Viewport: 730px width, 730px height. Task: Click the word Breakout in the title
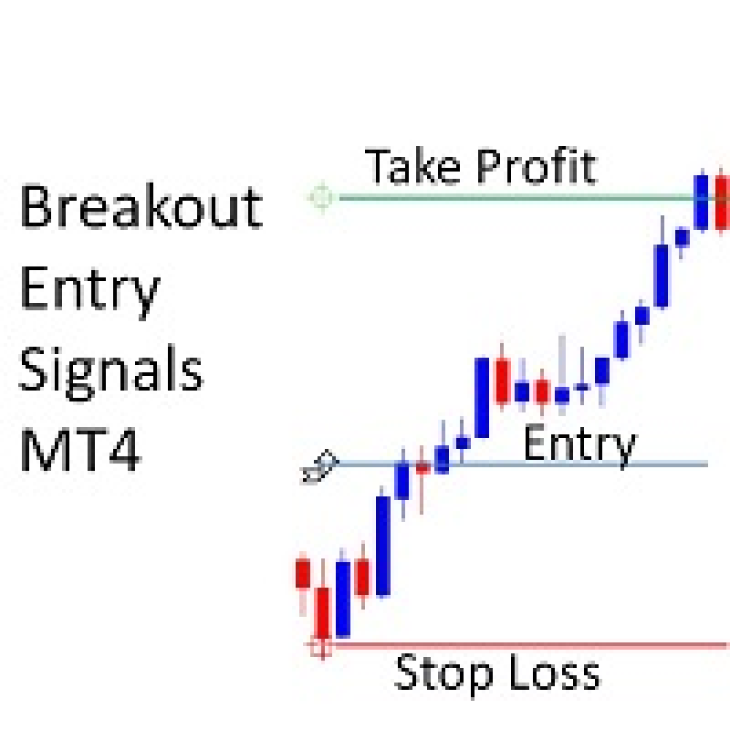click(142, 206)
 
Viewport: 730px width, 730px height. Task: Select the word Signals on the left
click(111, 373)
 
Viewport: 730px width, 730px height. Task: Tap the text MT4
click(80, 450)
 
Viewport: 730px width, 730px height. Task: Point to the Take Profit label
click(481, 167)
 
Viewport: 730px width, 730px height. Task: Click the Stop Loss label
click(497, 674)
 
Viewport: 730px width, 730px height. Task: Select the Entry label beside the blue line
click(580, 446)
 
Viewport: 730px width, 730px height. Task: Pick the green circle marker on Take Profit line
click(322, 198)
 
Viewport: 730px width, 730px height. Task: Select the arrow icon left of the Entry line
click(320, 467)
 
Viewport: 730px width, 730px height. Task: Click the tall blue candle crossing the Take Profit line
click(701, 202)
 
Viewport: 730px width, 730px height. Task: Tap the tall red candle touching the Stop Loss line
click(323, 612)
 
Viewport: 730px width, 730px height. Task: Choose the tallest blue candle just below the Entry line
click(383, 546)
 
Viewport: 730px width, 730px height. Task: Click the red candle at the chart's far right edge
click(722, 202)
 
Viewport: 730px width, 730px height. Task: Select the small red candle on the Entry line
click(422, 468)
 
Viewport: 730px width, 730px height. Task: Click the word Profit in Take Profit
click(537, 167)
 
